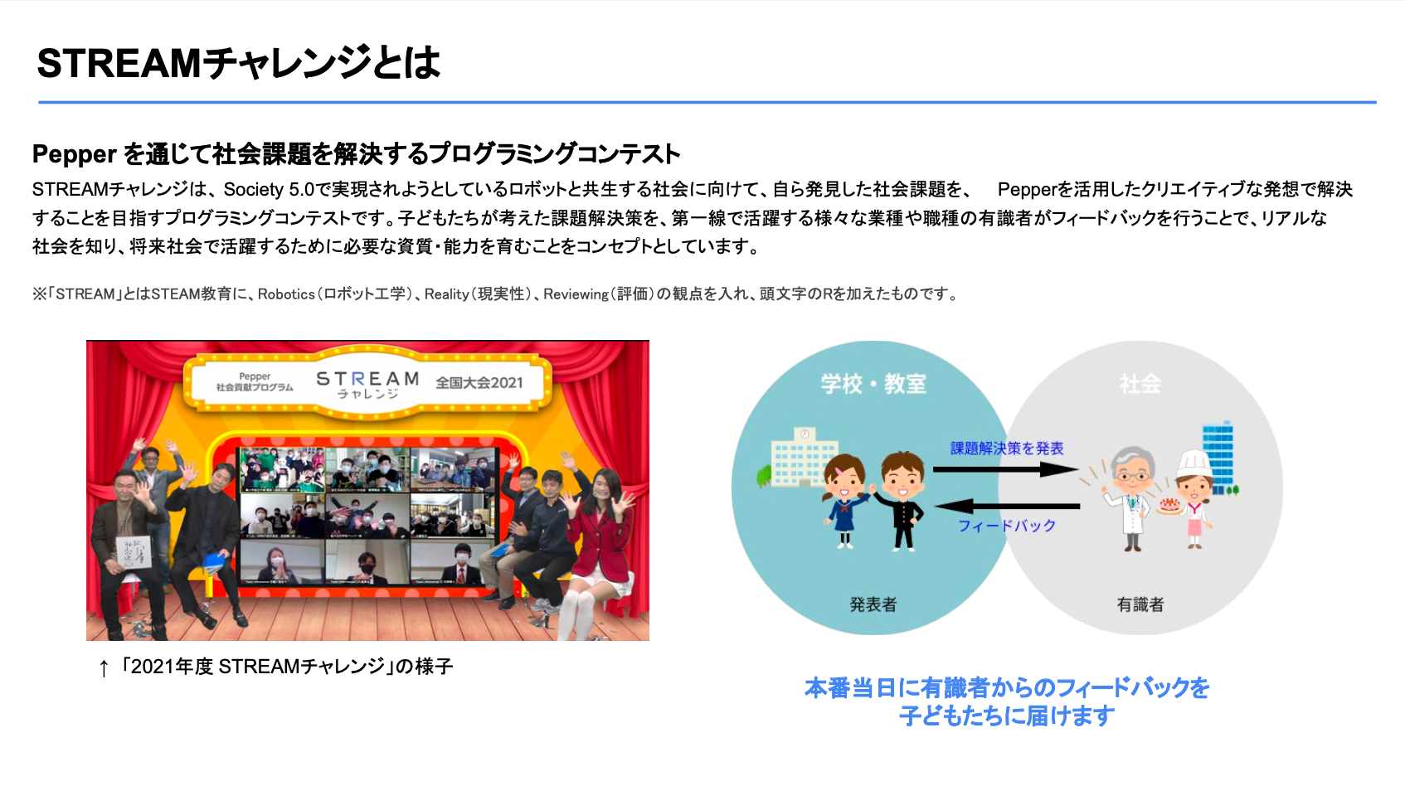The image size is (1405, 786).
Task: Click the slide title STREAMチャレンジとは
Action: pyautogui.click(x=238, y=63)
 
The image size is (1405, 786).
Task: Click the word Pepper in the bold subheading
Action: pyautogui.click(x=74, y=154)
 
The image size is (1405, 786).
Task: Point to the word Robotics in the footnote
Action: pyautogui.click(x=286, y=294)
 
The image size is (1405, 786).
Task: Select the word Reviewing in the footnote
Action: pyautogui.click(x=576, y=294)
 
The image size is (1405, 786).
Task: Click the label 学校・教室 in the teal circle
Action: pyautogui.click(x=873, y=384)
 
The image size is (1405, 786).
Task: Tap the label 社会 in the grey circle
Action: pyautogui.click(x=1140, y=384)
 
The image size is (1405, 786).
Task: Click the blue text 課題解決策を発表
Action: pyautogui.click(x=1006, y=449)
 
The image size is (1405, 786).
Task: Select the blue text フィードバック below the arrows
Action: pyautogui.click(x=1006, y=526)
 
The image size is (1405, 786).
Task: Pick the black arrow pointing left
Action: pyautogui.click(x=1007, y=505)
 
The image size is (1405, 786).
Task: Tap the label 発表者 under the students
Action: pyautogui.click(x=873, y=604)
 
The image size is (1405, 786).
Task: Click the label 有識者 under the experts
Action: pyautogui.click(x=1140, y=604)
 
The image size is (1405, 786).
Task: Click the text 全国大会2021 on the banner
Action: pyautogui.click(x=479, y=382)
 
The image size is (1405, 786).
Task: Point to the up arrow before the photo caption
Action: pyautogui.click(x=104, y=668)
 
